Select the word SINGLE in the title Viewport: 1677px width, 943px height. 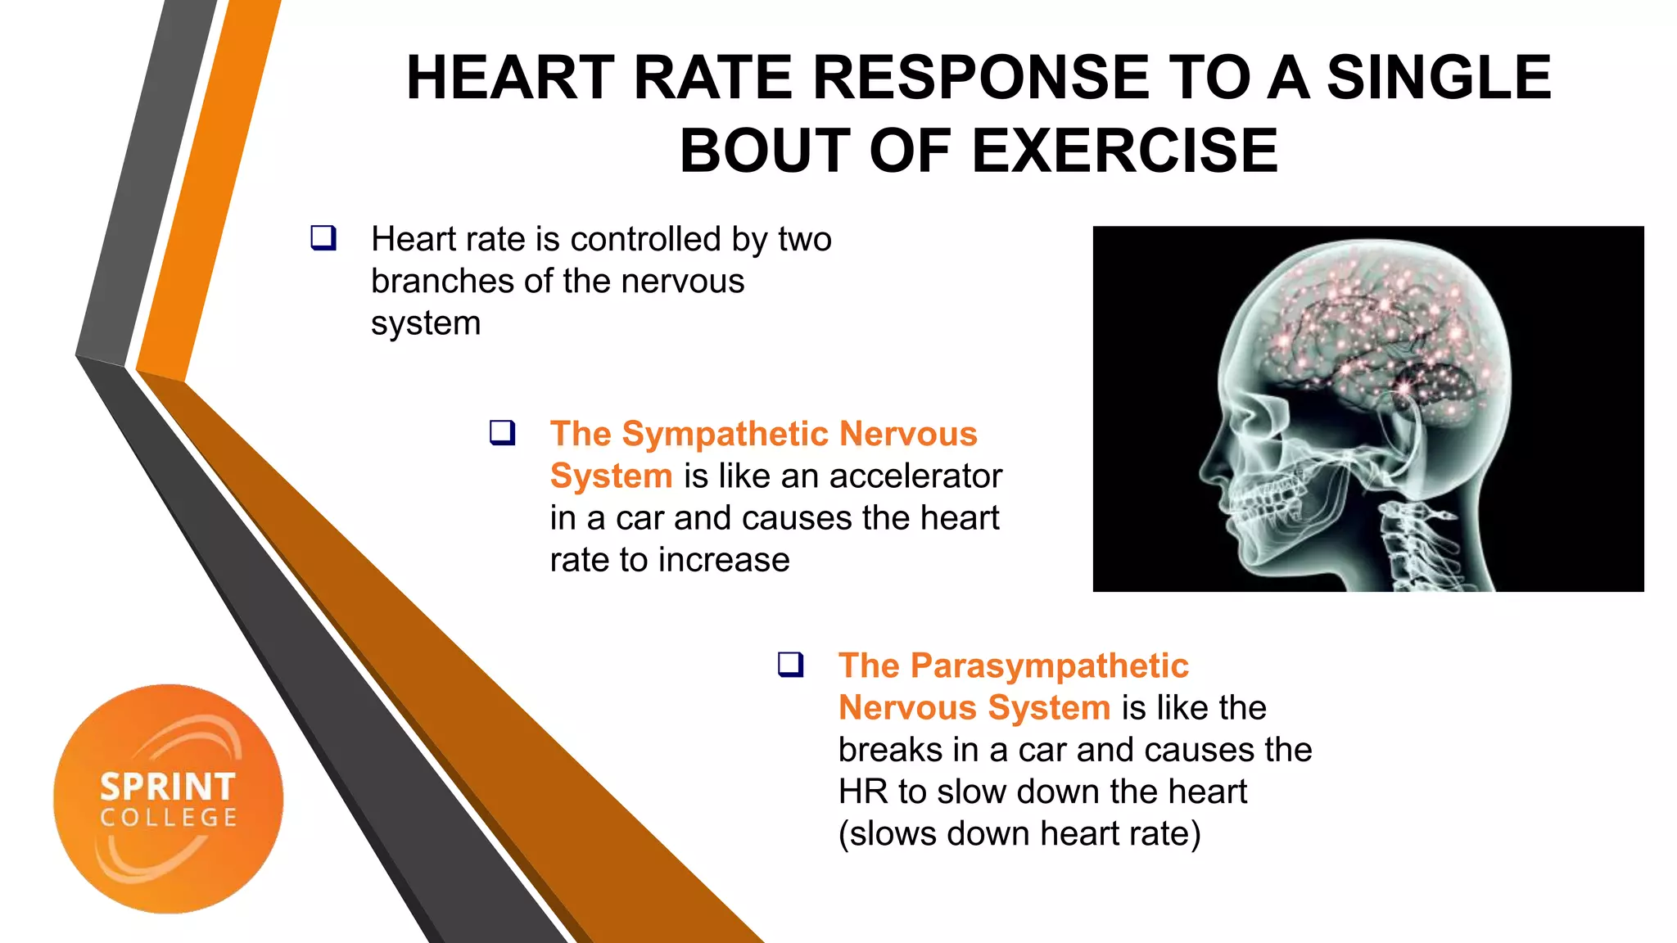(x=1439, y=78)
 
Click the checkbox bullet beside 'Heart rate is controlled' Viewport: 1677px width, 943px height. (x=323, y=238)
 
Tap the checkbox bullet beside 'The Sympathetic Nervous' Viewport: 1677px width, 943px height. (x=502, y=432)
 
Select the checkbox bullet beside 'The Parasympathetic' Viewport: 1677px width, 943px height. (x=790, y=664)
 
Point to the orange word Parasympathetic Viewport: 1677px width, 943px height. (x=1049, y=666)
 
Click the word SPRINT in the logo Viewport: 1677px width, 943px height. (x=168, y=787)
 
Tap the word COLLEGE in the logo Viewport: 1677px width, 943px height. (x=169, y=818)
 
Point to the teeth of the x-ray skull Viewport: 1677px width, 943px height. (x=1265, y=500)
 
